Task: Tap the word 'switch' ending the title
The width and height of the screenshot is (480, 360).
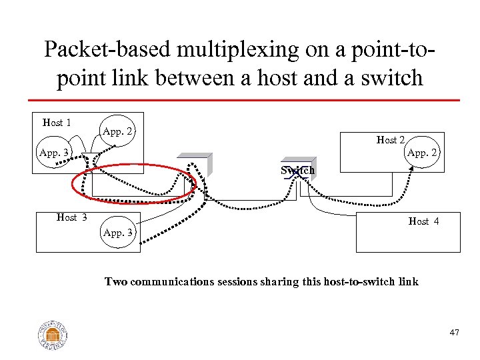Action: [391, 78]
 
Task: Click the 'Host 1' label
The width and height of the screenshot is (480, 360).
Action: [57, 123]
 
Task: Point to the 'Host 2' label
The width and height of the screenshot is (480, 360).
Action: [391, 140]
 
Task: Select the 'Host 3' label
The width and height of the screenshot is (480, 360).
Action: [71, 217]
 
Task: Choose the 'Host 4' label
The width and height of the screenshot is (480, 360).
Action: [423, 221]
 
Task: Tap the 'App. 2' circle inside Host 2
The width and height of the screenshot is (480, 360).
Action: [421, 153]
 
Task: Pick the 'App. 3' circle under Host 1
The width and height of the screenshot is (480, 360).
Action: [55, 153]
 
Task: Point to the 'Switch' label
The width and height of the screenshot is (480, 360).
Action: [297, 171]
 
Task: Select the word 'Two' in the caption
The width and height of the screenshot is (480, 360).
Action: [116, 282]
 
